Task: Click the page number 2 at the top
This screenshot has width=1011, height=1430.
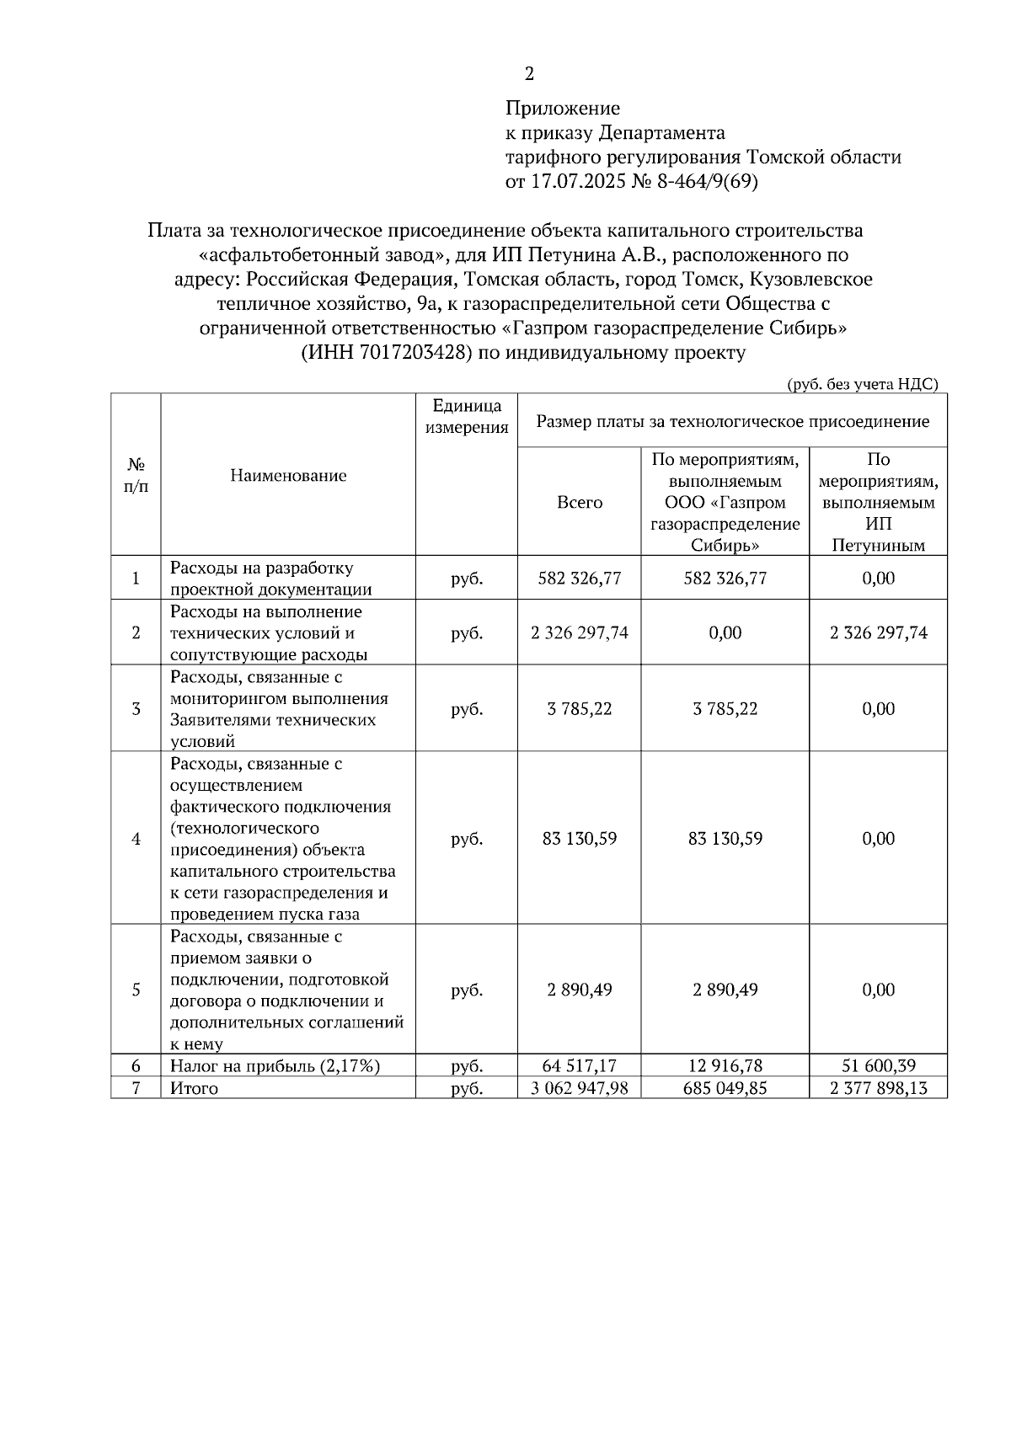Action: pyautogui.click(x=529, y=74)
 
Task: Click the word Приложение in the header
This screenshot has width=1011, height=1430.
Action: pyautogui.click(x=562, y=108)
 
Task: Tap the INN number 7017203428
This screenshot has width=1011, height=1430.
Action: pyautogui.click(x=414, y=353)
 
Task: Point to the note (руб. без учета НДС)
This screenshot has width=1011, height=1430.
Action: pyautogui.click(x=862, y=384)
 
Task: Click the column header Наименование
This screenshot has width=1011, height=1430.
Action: pyautogui.click(x=288, y=476)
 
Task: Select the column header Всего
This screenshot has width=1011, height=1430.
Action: pyautogui.click(x=580, y=503)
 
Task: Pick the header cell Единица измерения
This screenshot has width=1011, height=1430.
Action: pyautogui.click(x=467, y=417)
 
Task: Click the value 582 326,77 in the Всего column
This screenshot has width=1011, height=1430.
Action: pyautogui.click(x=580, y=579)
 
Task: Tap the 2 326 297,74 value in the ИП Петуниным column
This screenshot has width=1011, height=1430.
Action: pyautogui.click(x=879, y=633)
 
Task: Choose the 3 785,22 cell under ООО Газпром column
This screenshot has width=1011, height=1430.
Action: pyautogui.click(x=725, y=709)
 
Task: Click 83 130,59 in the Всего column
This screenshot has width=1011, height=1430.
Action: pyautogui.click(x=580, y=839)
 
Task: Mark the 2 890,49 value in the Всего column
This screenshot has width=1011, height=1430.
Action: pyautogui.click(x=580, y=990)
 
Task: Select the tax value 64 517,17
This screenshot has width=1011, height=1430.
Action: pyautogui.click(x=580, y=1066)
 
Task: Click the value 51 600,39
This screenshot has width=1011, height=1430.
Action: pyautogui.click(x=879, y=1066)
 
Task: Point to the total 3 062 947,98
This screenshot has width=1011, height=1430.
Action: pyautogui.click(x=580, y=1088)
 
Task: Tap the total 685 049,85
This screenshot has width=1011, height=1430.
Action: pyautogui.click(x=725, y=1088)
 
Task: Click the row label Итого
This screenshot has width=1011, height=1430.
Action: pyautogui.click(x=194, y=1088)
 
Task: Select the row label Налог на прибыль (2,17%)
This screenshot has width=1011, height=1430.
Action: pyautogui.click(x=275, y=1066)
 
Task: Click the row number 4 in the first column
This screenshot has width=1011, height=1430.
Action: pyautogui.click(x=136, y=839)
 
